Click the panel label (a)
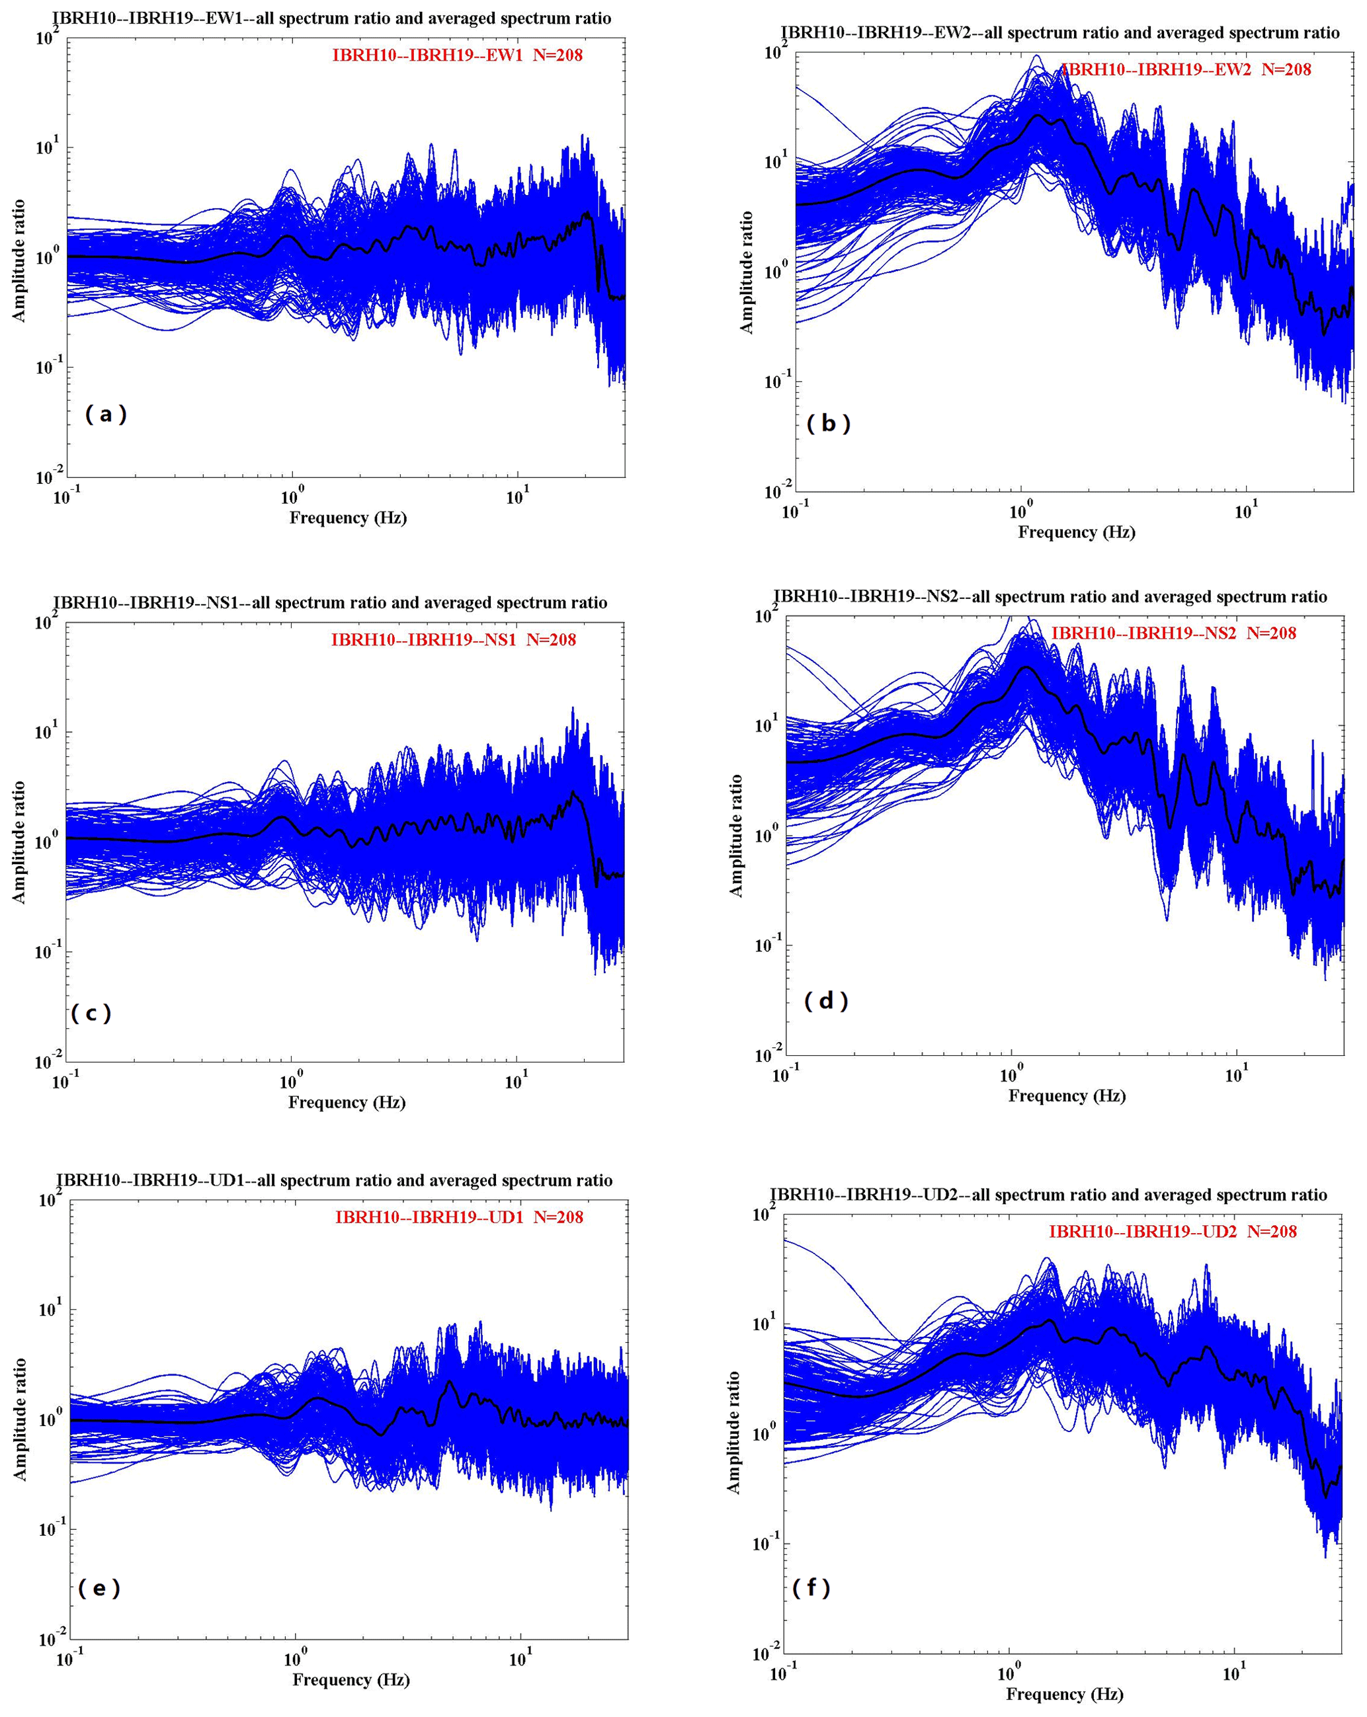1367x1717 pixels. [x=106, y=414]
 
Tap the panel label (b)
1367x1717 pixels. [x=829, y=424]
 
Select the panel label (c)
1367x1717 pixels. [x=91, y=1013]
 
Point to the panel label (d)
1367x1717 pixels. [x=826, y=1000]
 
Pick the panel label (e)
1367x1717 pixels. [x=99, y=1588]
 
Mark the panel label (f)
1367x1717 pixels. [x=811, y=1587]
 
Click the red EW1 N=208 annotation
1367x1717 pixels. [x=457, y=55]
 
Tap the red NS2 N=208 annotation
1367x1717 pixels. [x=1173, y=633]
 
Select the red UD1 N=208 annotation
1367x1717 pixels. [x=459, y=1217]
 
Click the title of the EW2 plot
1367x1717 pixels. [x=1060, y=32]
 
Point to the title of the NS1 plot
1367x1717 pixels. [x=330, y=603]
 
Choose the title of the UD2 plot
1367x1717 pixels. [x=1048, y=1195]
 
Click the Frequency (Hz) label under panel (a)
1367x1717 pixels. [x=348, y=518]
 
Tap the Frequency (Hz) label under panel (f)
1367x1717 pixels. [x=1064, y=1694]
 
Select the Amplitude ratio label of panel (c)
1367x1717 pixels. [x=19, y=842]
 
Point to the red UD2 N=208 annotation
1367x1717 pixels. [x=1173, y=1231]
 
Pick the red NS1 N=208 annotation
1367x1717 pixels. [x=453, y=639]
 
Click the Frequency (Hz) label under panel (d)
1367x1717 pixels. [x=1067, y=1096]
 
